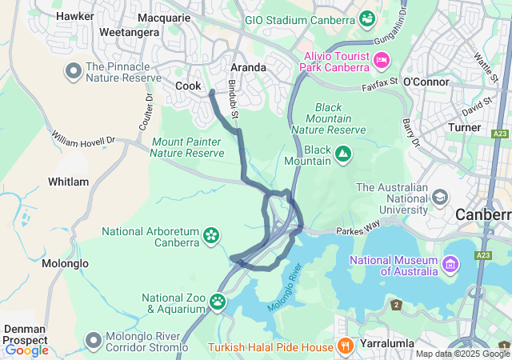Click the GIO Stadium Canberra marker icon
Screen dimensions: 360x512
[367, 18]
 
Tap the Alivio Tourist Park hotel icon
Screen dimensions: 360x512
[382, 60]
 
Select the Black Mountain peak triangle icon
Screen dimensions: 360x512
[342, 153]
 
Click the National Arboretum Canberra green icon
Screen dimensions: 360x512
[210, 234]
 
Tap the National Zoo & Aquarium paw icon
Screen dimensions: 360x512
[218, 302]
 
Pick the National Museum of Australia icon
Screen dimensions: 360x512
[450, 264]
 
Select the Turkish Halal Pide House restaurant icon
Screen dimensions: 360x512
[346, 346]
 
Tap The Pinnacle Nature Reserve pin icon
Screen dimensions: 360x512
[74, 71]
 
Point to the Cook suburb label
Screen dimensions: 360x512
[188, 86]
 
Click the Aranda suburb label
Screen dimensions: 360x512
[248, 67]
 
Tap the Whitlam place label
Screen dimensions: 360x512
[68, 182]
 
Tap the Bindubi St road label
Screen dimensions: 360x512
[234, 101]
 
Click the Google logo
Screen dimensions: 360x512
[26, 350]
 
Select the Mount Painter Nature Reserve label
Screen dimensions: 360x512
[187, 147]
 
